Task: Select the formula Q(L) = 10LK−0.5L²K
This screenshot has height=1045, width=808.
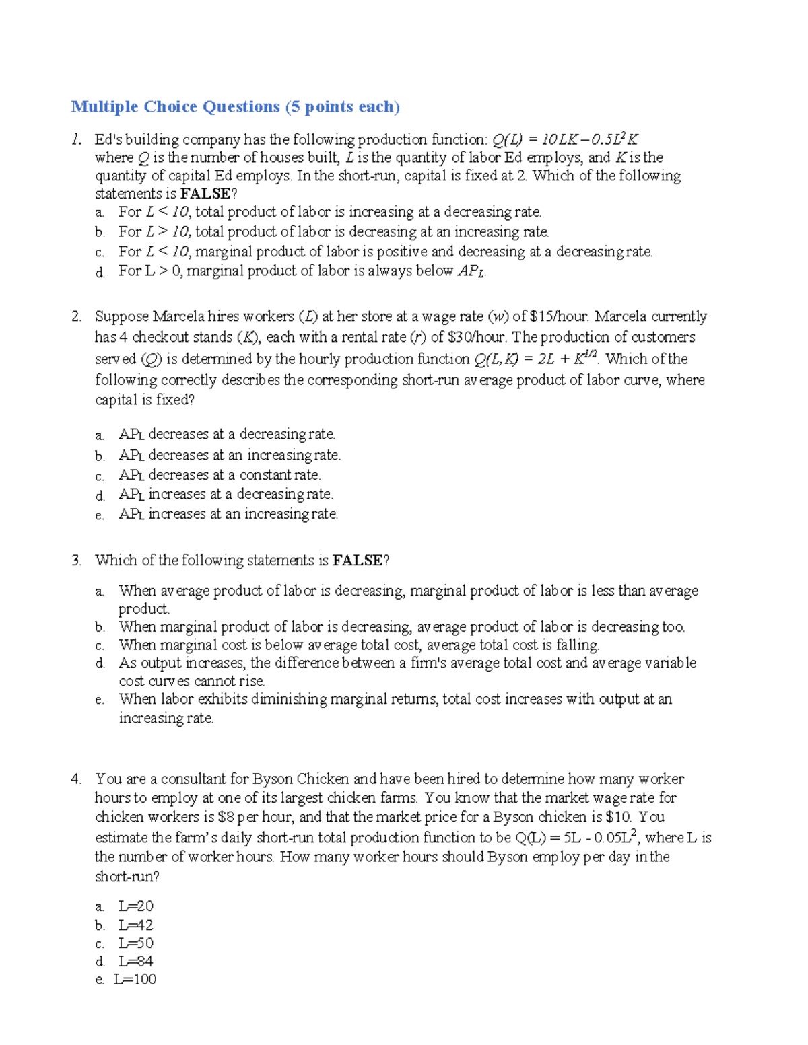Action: [565, 140]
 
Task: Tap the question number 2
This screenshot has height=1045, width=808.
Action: [76, 316]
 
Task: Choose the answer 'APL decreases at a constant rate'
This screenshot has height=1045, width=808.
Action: [220, 475]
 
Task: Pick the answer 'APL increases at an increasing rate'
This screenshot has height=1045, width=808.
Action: [228, 514]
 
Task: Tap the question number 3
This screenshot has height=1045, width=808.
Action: [76, 561]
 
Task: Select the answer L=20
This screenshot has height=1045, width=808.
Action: [135, 906]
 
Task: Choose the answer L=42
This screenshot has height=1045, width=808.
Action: [135, 925]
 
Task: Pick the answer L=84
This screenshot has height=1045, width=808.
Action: [135, 962]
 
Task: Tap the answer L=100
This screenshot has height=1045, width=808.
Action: [135, 980]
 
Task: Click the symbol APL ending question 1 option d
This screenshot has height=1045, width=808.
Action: [471, 272]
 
